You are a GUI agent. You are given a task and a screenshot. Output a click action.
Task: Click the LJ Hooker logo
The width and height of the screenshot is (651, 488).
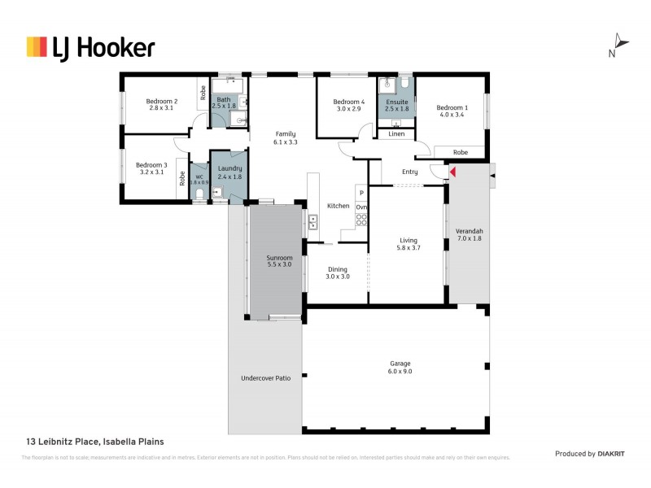90,47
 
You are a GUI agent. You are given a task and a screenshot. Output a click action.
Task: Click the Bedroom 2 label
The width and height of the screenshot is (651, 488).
161,104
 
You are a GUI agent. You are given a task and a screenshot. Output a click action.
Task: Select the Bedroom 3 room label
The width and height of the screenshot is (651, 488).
151,168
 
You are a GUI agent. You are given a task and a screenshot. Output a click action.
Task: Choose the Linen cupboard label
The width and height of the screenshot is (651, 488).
396,133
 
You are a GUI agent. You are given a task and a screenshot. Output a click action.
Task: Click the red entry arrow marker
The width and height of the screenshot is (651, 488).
453,172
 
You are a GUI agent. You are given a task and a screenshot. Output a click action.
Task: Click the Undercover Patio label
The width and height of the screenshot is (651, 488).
265,378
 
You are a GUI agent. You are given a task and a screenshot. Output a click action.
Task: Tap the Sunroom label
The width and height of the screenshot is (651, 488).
279,261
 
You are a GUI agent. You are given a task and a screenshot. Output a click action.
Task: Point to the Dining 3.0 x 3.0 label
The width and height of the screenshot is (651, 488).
337,273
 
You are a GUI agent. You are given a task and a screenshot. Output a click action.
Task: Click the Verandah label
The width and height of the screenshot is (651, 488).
470,233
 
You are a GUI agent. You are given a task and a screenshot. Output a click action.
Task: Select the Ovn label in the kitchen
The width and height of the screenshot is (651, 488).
361,207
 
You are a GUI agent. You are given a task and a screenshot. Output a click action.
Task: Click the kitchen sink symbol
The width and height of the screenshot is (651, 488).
312,220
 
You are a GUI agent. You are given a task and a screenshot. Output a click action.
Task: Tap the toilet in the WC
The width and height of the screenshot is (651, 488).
200,194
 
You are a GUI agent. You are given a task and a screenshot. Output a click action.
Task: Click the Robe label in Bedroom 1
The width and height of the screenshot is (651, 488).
460,152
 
